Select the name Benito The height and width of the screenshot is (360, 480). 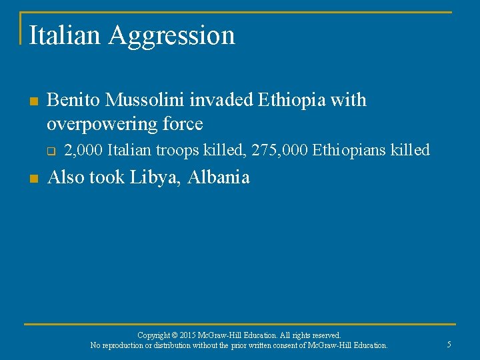[74, 100]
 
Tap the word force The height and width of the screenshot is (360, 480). [181, 124]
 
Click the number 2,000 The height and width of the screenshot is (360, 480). [83, 151]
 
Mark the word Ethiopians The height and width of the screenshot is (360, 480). [351, 151]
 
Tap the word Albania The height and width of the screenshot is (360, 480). [219, 177]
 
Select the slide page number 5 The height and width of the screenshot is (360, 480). [449, 344]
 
